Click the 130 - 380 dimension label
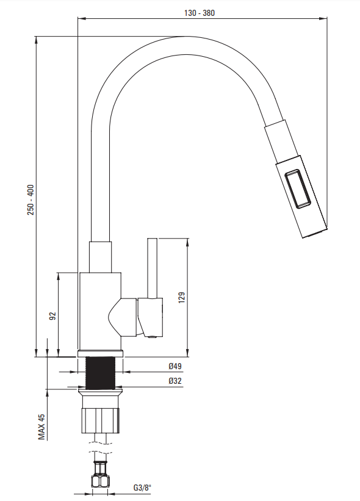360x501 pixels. click(x=200, y=13)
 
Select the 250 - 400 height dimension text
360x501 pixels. click(x=31, y=200)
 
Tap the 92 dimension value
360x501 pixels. click(x=52, y=316)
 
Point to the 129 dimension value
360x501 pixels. click(x=181, y=297)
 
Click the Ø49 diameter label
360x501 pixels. click(x=175, y=366)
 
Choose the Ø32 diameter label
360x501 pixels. click(x=175, y=381)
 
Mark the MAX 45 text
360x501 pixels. click(x=41, y=427)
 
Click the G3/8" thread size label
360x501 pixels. click(x=142, y=488)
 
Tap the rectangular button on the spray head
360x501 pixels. click(x=297, y=189)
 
